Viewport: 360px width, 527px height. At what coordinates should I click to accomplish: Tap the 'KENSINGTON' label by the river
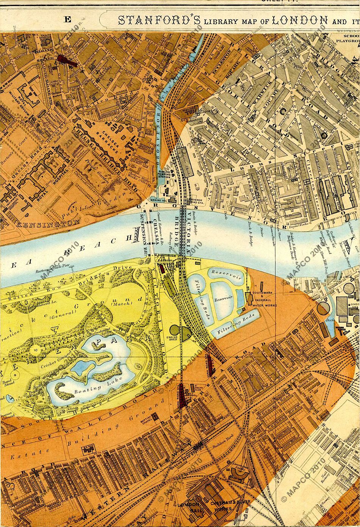click(x=48, y=224)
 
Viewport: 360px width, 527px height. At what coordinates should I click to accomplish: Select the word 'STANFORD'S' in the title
click(x=159, y=20)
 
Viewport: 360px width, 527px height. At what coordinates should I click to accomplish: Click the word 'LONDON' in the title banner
click(x=300, y=20)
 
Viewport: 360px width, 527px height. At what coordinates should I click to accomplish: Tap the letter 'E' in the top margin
click(x=67, y=20)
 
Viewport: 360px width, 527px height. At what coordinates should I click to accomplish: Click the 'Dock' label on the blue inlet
click(x=329, y=323)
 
